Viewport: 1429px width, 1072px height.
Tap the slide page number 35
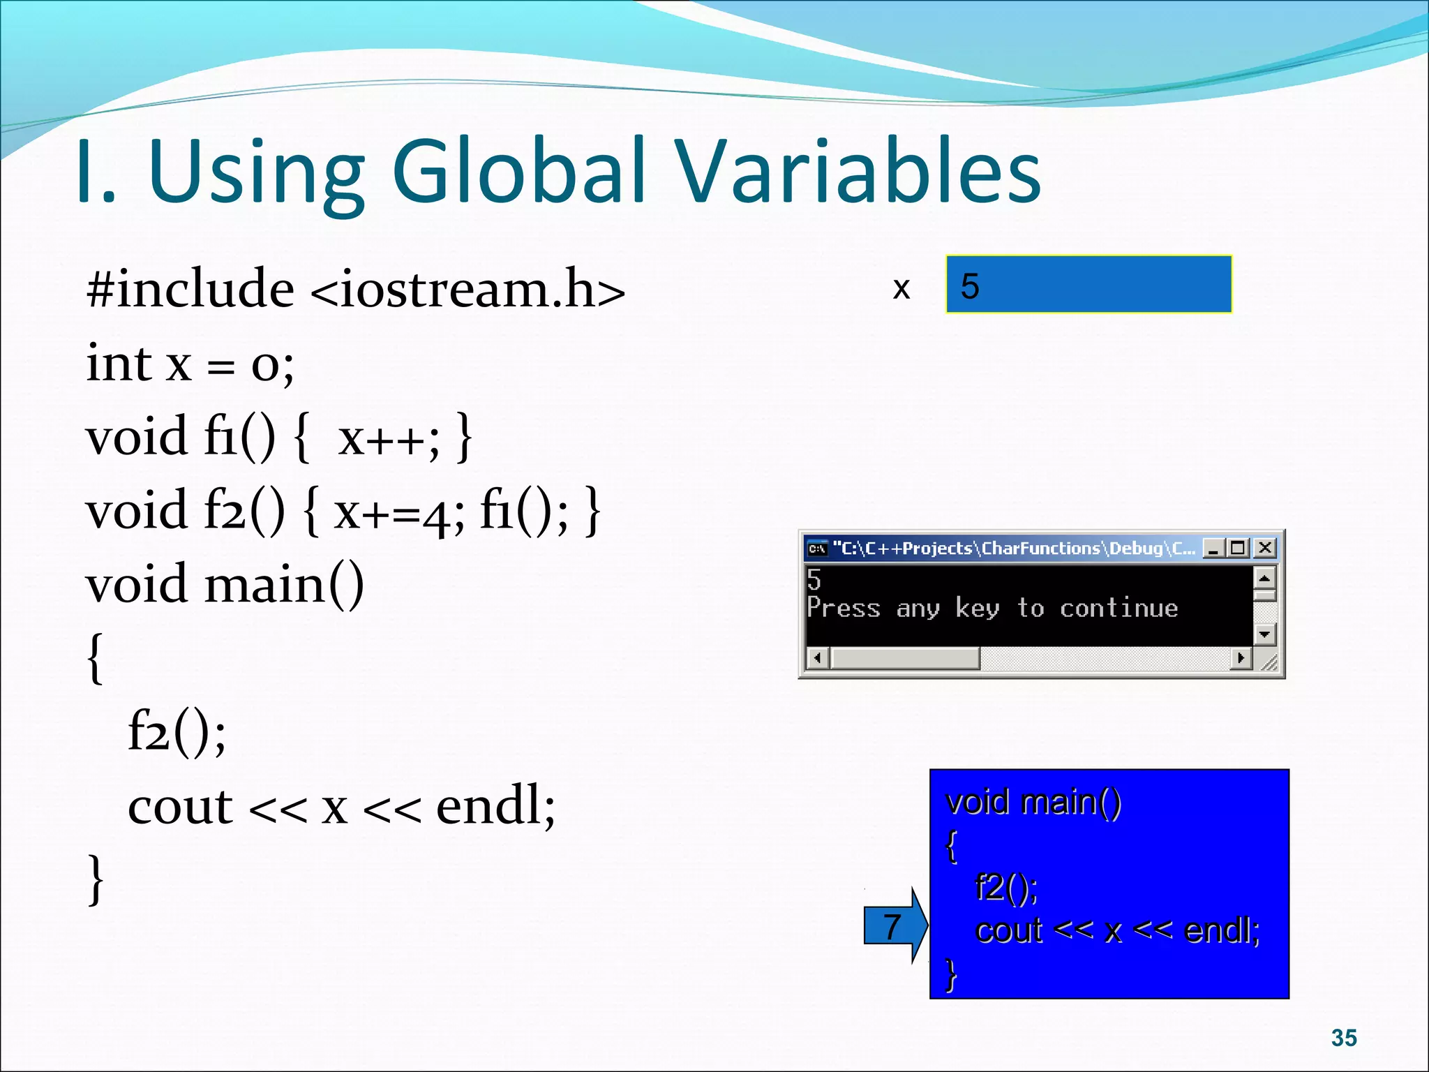1343,1038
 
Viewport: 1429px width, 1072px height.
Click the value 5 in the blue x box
969,286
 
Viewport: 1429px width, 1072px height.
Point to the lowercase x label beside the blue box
901,288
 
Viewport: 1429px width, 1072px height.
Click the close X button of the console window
1264,548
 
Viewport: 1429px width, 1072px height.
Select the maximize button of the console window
1239,548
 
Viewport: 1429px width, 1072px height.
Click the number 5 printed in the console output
814,579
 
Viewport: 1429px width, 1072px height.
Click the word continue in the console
1118,608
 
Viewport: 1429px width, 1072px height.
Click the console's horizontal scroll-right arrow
1241,657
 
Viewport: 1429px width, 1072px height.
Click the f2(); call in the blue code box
1005,887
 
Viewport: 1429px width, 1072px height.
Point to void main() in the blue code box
1033,802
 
